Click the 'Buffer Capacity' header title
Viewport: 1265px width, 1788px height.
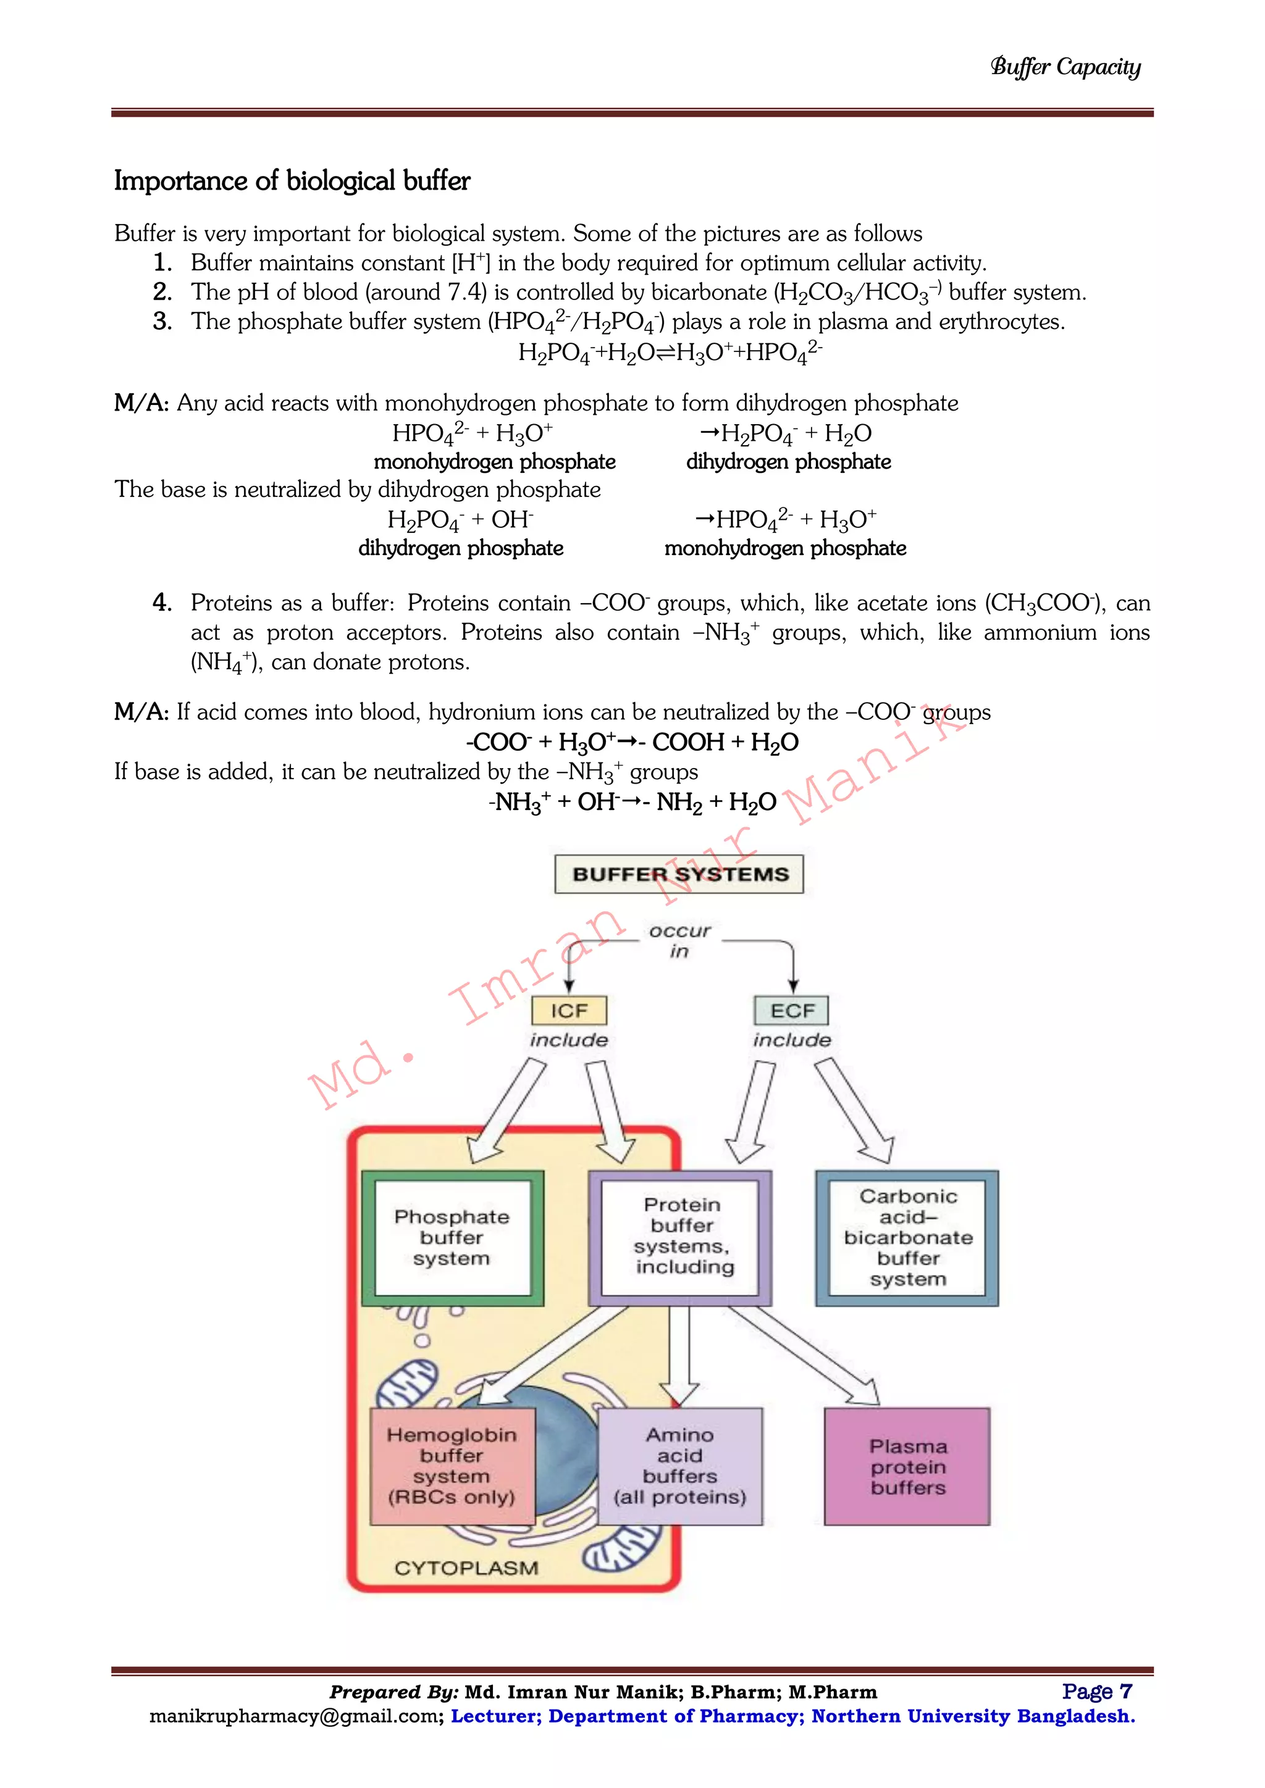[1065, 67]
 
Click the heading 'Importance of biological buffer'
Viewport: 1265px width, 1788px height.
[292, 181]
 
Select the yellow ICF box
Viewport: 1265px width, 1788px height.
[569, 1011]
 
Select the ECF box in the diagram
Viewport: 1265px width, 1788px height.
[791, 1011]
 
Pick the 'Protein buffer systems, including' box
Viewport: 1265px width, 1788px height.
[680, 1237]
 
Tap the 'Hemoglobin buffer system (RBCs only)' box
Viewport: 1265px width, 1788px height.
[452, 1466]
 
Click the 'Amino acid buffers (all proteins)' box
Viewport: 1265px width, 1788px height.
[679, 1466]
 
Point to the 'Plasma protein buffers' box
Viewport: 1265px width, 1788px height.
[907, 1466]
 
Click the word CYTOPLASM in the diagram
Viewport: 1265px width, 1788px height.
[466, 1568]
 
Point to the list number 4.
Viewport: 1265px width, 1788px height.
[162, 602]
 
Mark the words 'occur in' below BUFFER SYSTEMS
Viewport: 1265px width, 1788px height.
[679, 941]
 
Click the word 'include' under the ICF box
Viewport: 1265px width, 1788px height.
[569, 1040]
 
